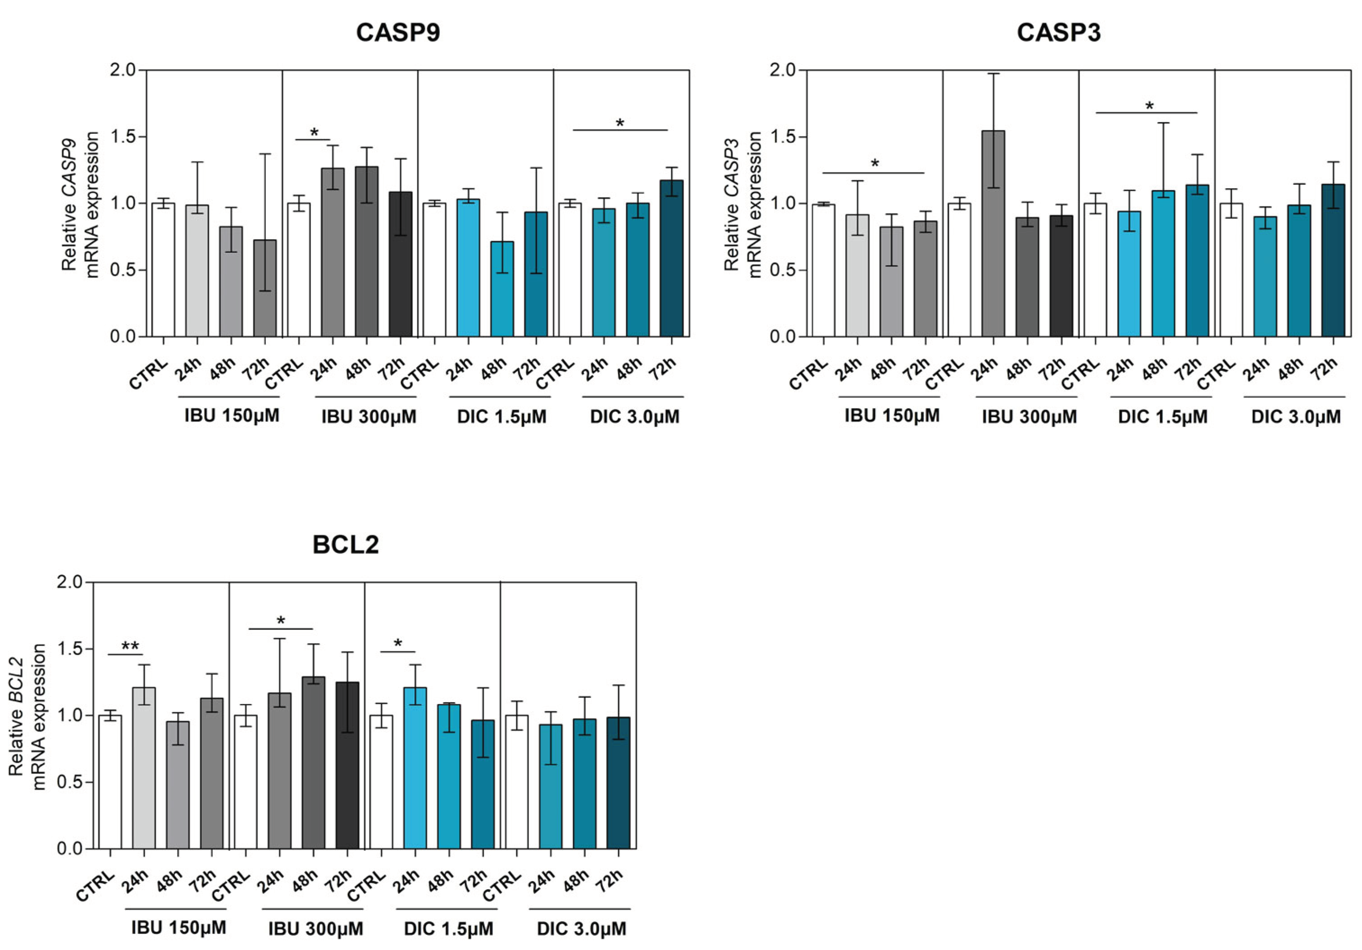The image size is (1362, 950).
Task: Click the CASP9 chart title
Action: (398, 32)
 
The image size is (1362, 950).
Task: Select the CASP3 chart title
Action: (1059, 32)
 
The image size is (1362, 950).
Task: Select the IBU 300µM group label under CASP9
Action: (369, 417)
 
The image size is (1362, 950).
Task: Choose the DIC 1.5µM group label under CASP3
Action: (1163, 417)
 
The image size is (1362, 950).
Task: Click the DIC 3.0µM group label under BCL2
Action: (581, 929)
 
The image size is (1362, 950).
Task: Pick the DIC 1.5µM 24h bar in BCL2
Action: (415, 768)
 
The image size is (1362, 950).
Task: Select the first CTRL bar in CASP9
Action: (163, 270)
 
